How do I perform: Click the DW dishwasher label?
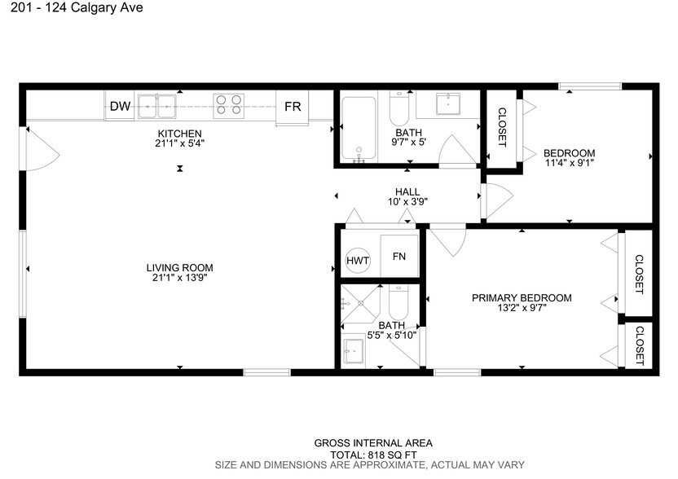pos(121,106)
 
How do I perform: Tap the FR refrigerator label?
pos(293,107)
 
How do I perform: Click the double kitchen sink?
pos(157,105)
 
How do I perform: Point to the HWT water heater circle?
pos(358,260)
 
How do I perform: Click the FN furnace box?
pos(399,257)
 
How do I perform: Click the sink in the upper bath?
pos(447,104)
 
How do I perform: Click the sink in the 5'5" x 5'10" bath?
pos(354,353)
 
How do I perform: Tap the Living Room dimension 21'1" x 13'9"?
pos(179,279)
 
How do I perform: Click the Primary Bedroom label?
pos(522,298)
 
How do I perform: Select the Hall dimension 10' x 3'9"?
pos(407,201)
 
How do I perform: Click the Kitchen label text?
pos(179,134)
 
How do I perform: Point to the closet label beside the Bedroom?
pos(502,128)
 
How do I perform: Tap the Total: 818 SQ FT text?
pos(373,455)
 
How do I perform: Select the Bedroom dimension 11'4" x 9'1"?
pos(569,162)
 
